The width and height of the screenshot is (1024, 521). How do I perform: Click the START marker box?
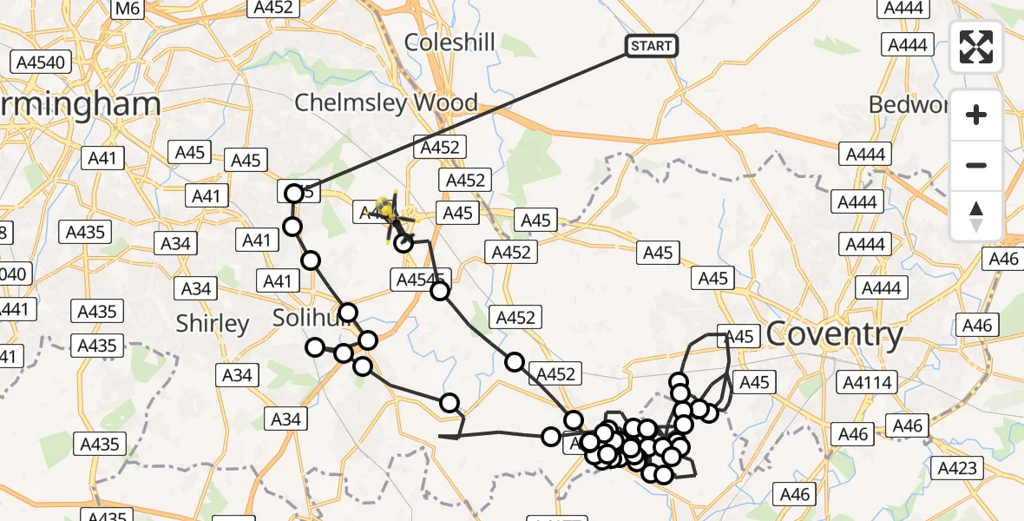click(x=652, y=45)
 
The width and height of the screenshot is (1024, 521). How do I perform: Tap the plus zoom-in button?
click(x=976, y=115)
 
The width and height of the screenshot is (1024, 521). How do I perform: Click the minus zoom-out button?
click(x=976, y=165)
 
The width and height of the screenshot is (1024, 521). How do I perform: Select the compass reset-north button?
click(x=976, y=214)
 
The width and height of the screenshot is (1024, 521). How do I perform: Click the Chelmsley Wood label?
click(x=385, y=102)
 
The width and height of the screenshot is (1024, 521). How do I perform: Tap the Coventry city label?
click(x=834, y=333)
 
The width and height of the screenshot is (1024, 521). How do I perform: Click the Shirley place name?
click(x=213, y=324)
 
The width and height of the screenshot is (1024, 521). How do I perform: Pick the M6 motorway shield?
click(x=128, y=8)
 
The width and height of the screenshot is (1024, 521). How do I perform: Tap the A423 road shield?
click(x=957, y=468)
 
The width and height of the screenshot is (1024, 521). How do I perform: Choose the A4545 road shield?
click(x=420, y=279)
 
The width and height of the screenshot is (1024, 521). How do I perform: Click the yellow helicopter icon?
click(x=384, y=208)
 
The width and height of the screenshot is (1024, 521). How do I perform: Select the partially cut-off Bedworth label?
click(x=903, y=104)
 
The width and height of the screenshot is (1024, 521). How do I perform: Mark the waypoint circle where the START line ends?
click(x=294, y=194)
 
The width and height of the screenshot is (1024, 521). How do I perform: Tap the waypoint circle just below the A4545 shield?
click(x=440, y=290)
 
